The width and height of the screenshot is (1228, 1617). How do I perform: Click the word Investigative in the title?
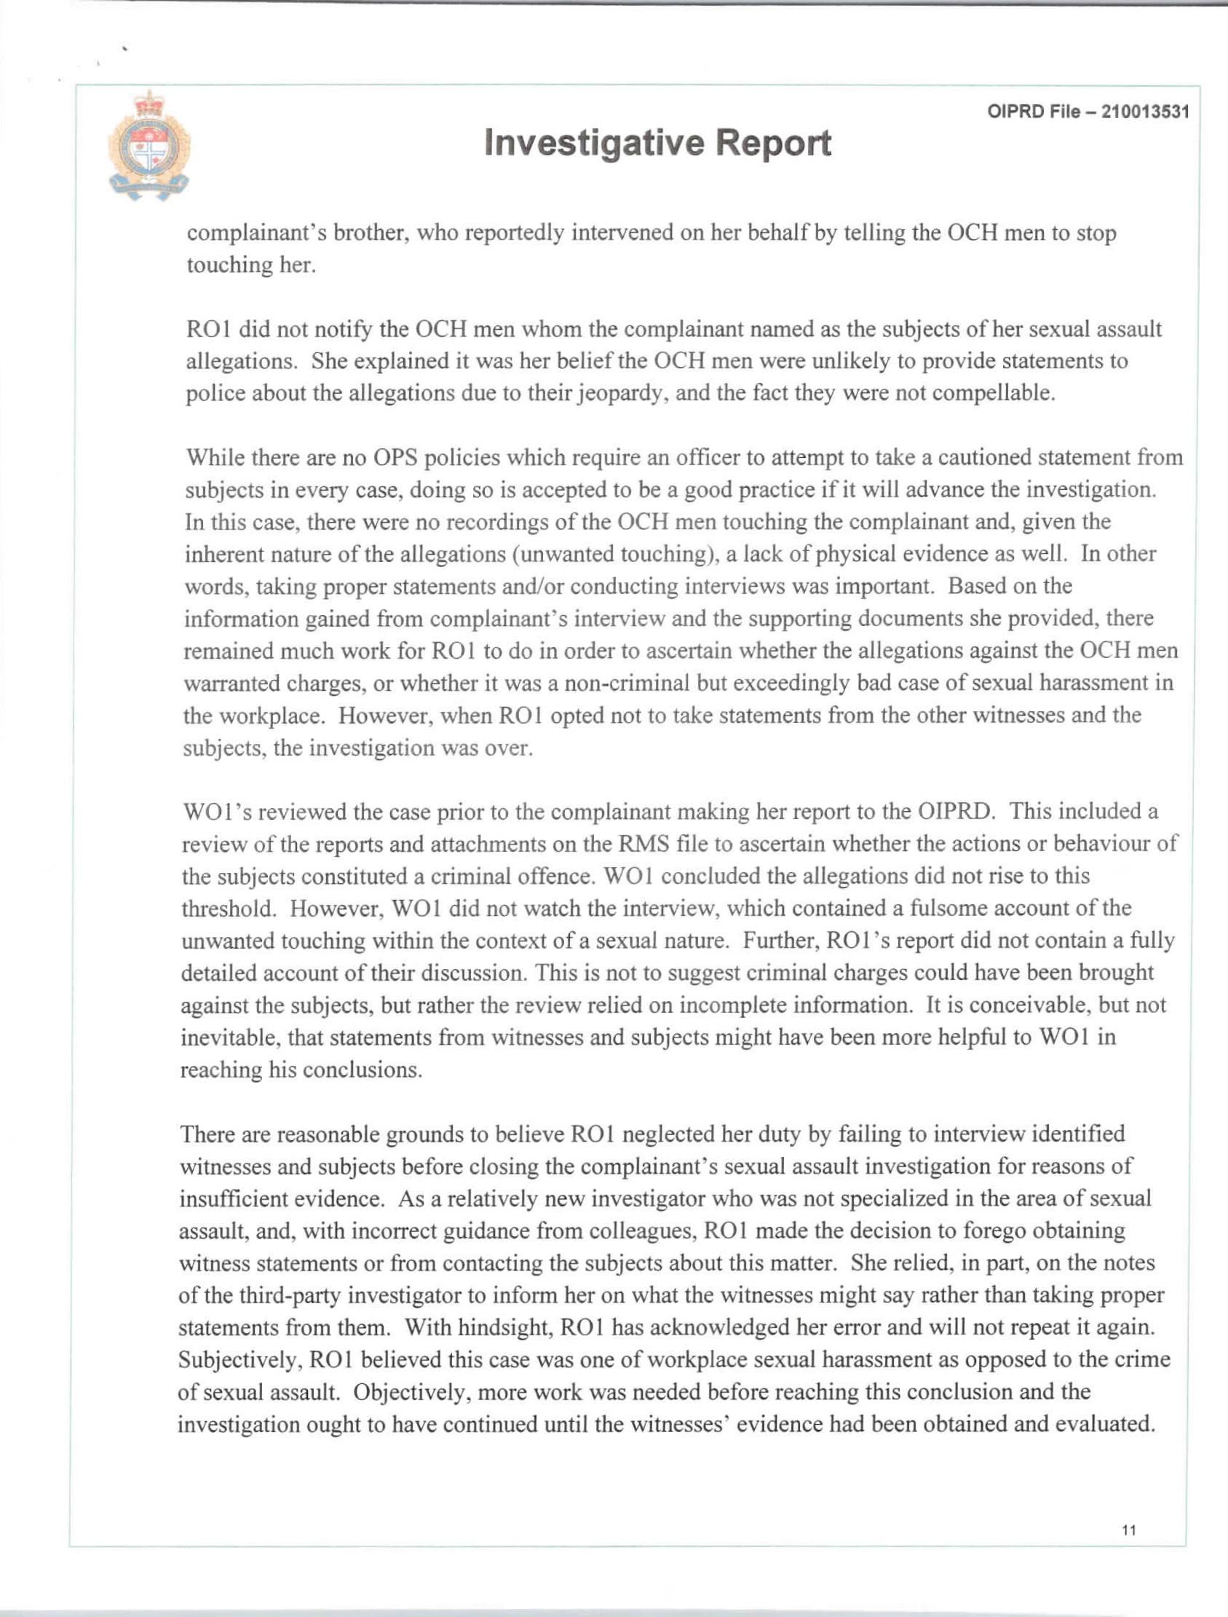[x=593, y=143]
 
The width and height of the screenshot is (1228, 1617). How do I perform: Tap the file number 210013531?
[x=1146, y=112]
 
